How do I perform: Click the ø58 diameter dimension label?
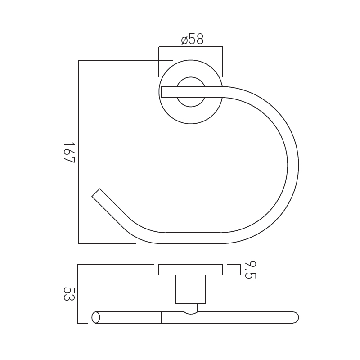(x=193, y=39)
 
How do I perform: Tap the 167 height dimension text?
(x=69, y=153)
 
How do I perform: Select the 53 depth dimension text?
(x=69, y=294)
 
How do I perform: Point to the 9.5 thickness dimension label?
(x=250, y=270)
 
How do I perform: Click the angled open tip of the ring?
(x=96, y=193)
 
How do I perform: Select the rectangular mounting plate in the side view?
(x=190, y=270)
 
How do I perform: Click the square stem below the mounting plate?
(x=191, y=289)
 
